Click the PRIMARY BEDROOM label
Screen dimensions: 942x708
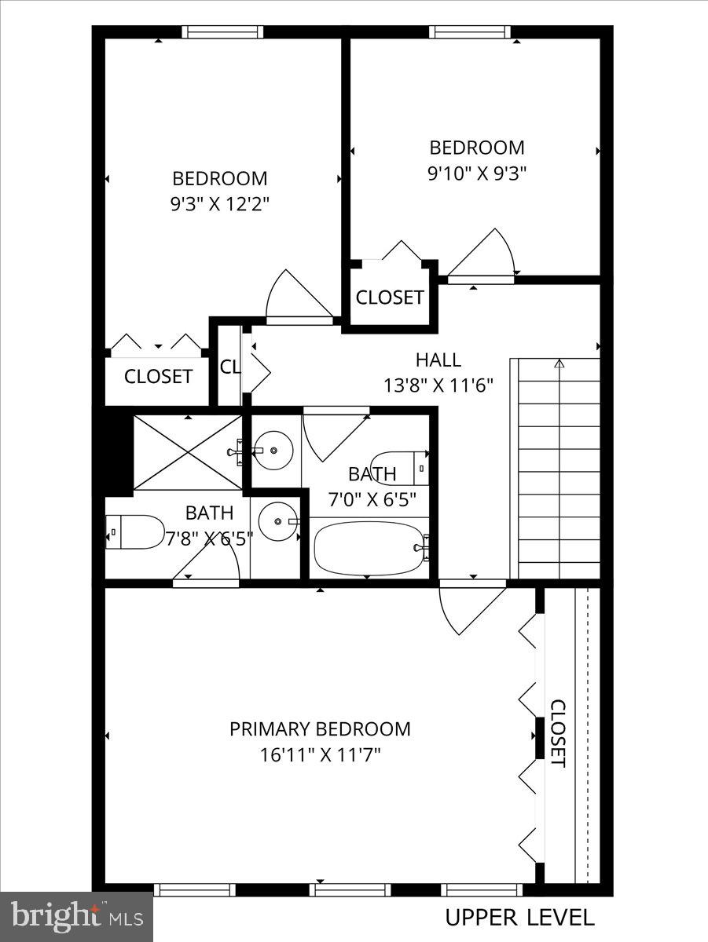pyautogui.click(x=320, y=729)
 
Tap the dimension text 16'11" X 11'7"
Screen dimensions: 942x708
pyautogui.click(x=320, y=755)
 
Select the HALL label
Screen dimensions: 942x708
pyautogui.click(x=438, y=360)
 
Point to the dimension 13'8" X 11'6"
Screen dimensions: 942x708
pyautogui.click(x=438, y=386)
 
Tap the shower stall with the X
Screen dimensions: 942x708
pyautogui.click(x=187, y=453)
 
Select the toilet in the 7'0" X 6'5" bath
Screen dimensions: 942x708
pyautogui.click(x=399, y=468)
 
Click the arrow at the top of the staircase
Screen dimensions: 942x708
pyautogui.click(x=559, y=364)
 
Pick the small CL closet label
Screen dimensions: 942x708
pyautogui.click(x=229, y=367)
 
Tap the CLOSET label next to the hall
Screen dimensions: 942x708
pyautogui.click(x=390, y=298)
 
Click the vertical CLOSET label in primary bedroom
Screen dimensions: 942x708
pyautogui.click(x=557, y=733)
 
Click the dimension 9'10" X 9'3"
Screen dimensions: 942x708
pyautogui.click(x=476, y=173)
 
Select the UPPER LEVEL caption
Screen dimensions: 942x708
pyautogui.click(x=519, y=917)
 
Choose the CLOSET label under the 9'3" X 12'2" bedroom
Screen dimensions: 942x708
pyautogui.click(x=158, y=377)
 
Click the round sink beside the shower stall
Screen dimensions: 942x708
pyautogui.click(x=274, y=451)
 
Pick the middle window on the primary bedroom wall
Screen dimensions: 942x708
pyautogui.click(x=350, y=889)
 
